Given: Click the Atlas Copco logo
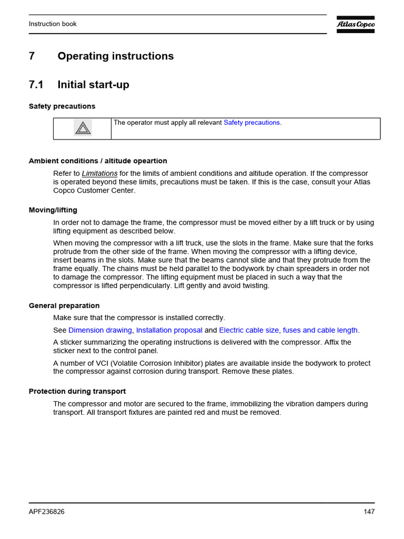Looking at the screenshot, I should point(356,24).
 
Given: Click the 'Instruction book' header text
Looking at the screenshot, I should point(53,24).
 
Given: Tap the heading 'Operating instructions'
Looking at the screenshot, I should point(115,56).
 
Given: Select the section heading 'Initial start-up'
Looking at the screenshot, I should point(93,85).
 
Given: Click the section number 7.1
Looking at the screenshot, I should point(36,85).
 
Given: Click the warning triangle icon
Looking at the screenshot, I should point(82,128).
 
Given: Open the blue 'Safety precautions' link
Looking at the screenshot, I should point(251,123).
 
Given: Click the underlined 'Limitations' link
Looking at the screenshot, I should point(99,174).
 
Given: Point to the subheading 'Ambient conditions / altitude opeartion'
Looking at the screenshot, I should point(98,161).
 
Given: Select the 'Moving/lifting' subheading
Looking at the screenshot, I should point(53,210).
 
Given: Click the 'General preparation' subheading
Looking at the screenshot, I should point(64,306).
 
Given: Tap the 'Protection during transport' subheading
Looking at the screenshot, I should point(77,392).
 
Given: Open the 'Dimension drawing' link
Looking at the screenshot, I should point(100,331).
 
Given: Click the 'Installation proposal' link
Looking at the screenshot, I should point(169,331).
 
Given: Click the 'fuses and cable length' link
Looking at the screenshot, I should point(320,331).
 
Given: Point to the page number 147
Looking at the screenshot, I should point(369,512).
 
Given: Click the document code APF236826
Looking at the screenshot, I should point(47,512).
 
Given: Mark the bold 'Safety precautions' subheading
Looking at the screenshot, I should point(62,106).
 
